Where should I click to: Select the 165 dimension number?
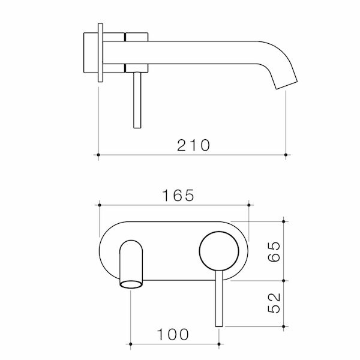coord(173,196)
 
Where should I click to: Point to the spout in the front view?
coord(131,264)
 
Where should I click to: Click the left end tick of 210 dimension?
coord(98,155)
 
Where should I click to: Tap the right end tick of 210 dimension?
coord(286,155)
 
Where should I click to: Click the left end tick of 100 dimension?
coord(131,344)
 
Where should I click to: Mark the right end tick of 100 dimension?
coord(219,344)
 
